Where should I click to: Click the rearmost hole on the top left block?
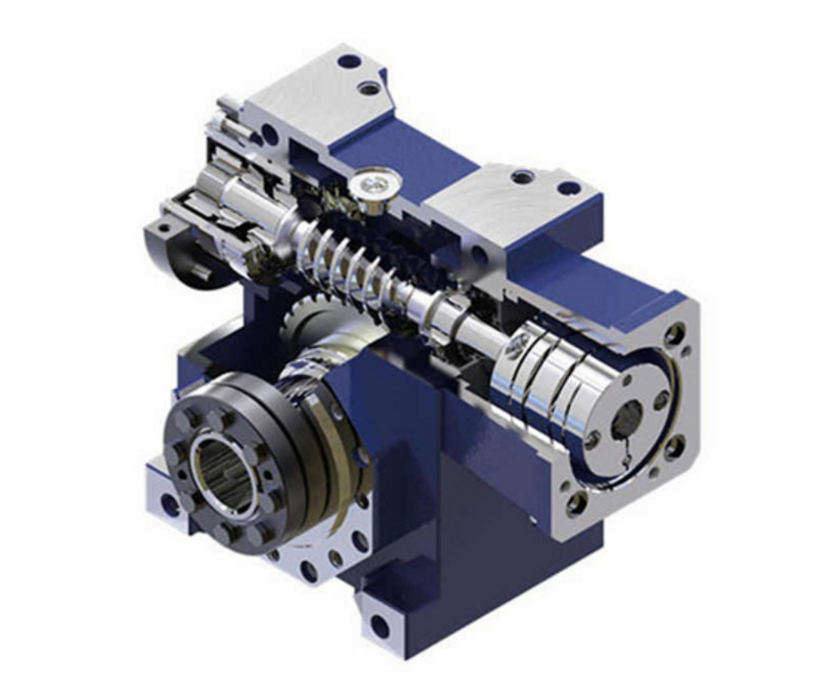tap(349, 61)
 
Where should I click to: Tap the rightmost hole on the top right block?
tap(569, 189)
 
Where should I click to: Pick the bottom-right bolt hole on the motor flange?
tap(674, 447)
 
